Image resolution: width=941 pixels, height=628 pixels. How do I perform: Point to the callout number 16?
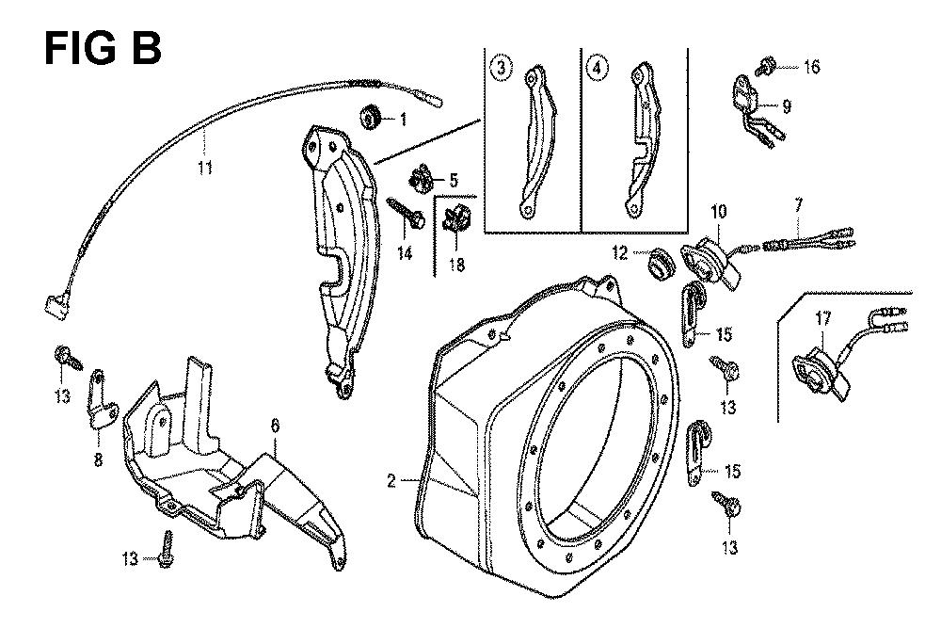point(811,67)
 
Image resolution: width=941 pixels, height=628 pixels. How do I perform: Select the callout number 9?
point(787,106)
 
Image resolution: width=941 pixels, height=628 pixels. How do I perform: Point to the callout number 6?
point(276,427)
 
